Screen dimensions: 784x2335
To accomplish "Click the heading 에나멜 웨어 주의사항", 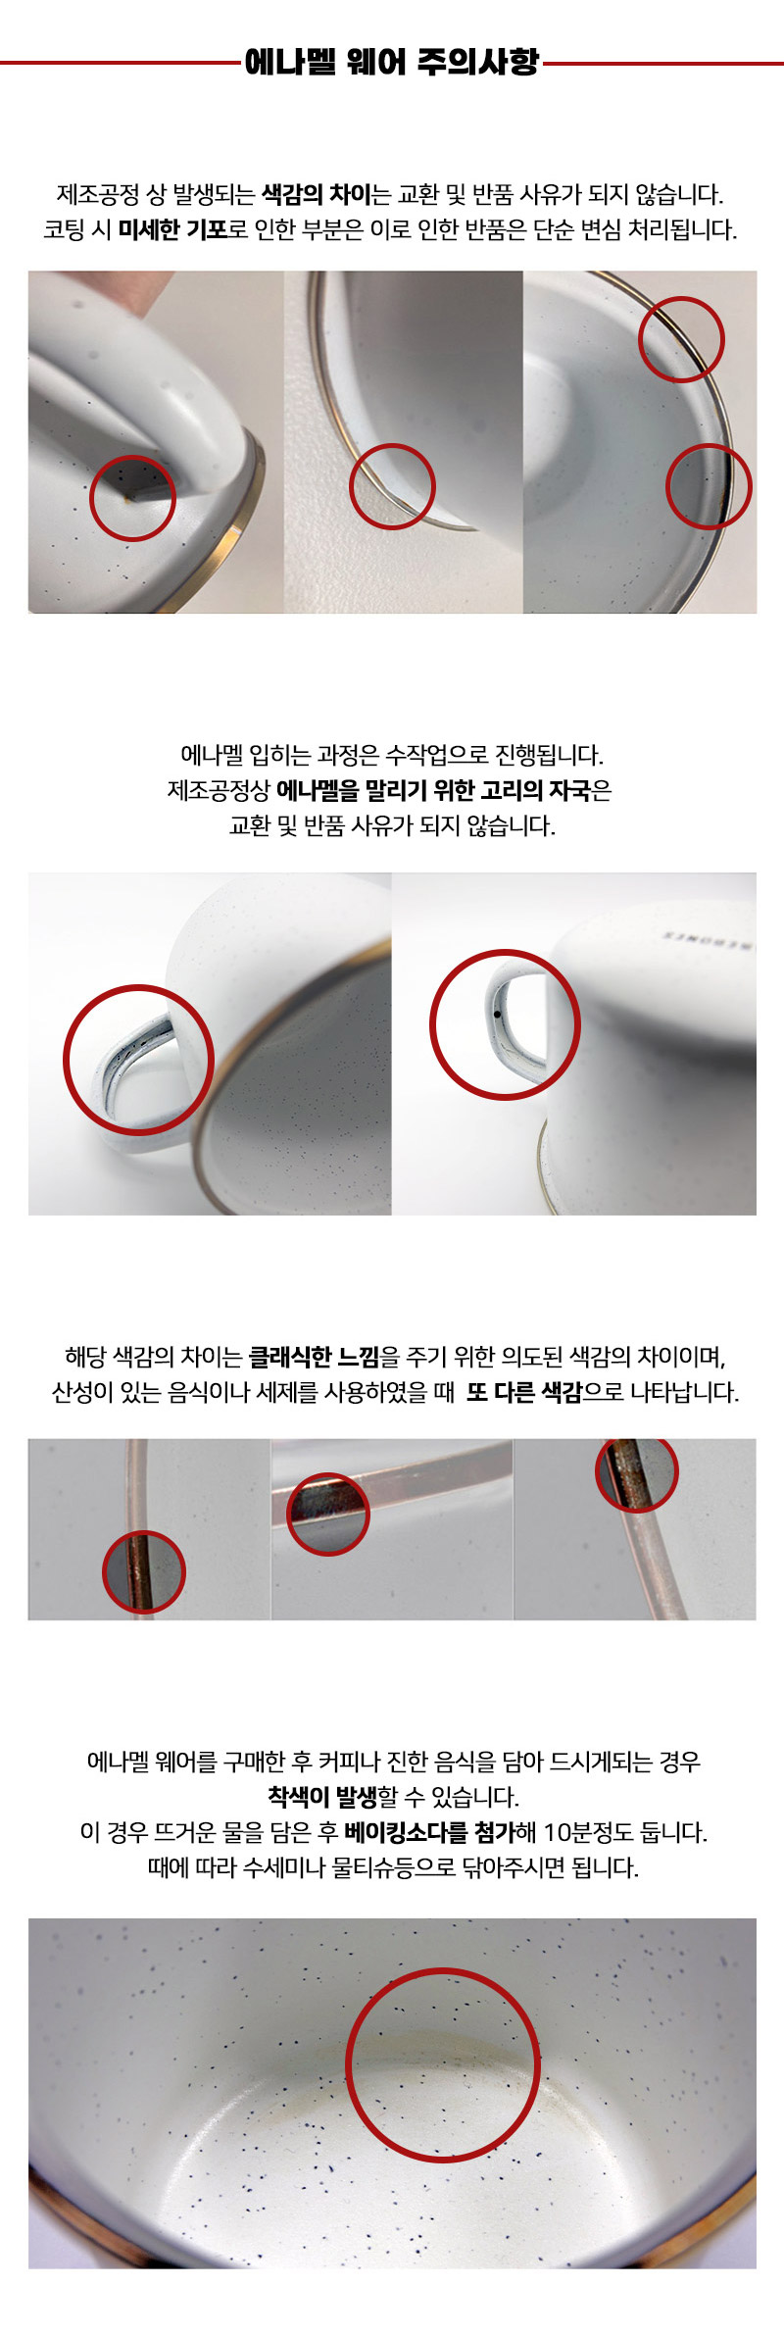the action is click(391, 62).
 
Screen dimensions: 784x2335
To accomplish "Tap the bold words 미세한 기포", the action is click(172, 229).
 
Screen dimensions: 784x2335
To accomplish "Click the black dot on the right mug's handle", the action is click(497, 1014).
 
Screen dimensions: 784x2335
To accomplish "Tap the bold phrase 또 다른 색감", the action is click(524, 1392).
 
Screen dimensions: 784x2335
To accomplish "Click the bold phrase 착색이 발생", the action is click(322, 1797).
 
